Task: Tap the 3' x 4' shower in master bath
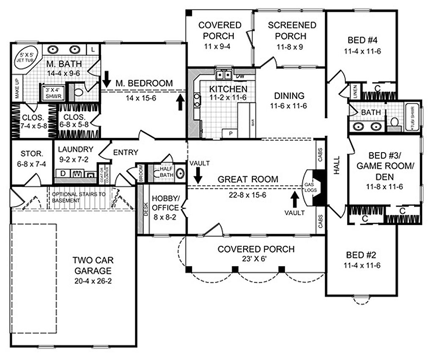[x=50, y=93]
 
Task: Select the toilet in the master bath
[x=78, y=91]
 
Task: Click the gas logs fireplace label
[x=307, y=188]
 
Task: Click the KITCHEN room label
[x=223, y=89]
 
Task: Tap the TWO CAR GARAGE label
[x=92, y=265]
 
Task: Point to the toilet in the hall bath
[x=394, y=123]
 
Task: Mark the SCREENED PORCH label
[x=292, y=30]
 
